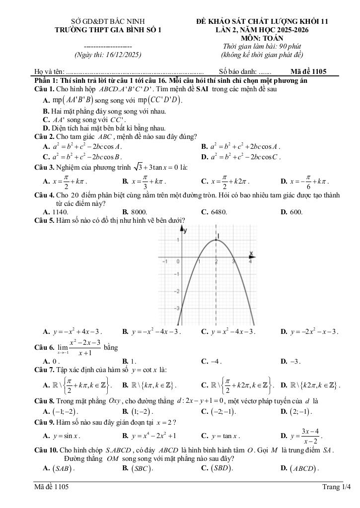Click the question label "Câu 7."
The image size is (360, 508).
click(x=44, y=370)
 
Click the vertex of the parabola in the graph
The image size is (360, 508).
click(x=216, y=241)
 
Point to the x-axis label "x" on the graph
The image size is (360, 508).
click(x=251, y=254)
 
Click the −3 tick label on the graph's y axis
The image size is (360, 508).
click(x=178, y=309)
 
